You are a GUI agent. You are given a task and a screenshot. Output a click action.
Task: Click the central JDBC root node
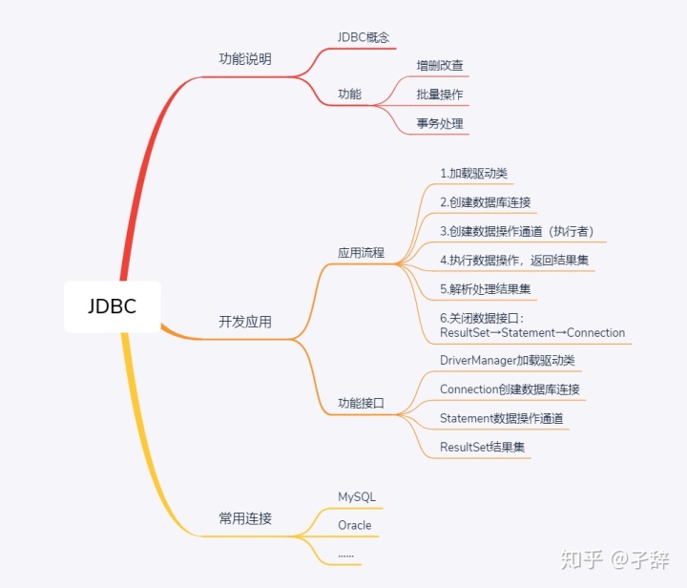112,306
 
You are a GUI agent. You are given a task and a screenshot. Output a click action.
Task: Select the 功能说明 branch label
245,59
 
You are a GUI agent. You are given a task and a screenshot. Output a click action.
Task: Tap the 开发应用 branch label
245,323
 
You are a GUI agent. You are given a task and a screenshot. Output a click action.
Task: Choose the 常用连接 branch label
245,519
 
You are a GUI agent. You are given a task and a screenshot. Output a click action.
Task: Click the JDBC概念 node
364,37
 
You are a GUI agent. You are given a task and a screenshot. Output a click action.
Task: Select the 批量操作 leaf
440,95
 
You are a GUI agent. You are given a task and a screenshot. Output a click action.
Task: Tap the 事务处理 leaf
440,124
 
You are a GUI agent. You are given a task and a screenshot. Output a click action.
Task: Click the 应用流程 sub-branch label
361,254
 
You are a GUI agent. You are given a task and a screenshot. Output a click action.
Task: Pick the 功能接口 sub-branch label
361,404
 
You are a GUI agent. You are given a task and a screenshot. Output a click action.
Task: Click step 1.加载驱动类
474,174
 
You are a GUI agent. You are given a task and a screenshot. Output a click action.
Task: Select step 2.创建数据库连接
486,202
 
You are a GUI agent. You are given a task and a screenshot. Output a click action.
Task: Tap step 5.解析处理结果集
486,288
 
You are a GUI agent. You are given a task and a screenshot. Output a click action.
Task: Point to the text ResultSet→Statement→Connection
532,333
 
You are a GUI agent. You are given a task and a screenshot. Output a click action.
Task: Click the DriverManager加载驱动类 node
508,361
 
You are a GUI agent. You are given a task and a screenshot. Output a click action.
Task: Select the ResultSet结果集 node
482,447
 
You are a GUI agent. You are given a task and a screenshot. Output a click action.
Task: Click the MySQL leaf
357,497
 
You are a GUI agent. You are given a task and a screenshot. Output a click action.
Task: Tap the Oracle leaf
355,526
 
